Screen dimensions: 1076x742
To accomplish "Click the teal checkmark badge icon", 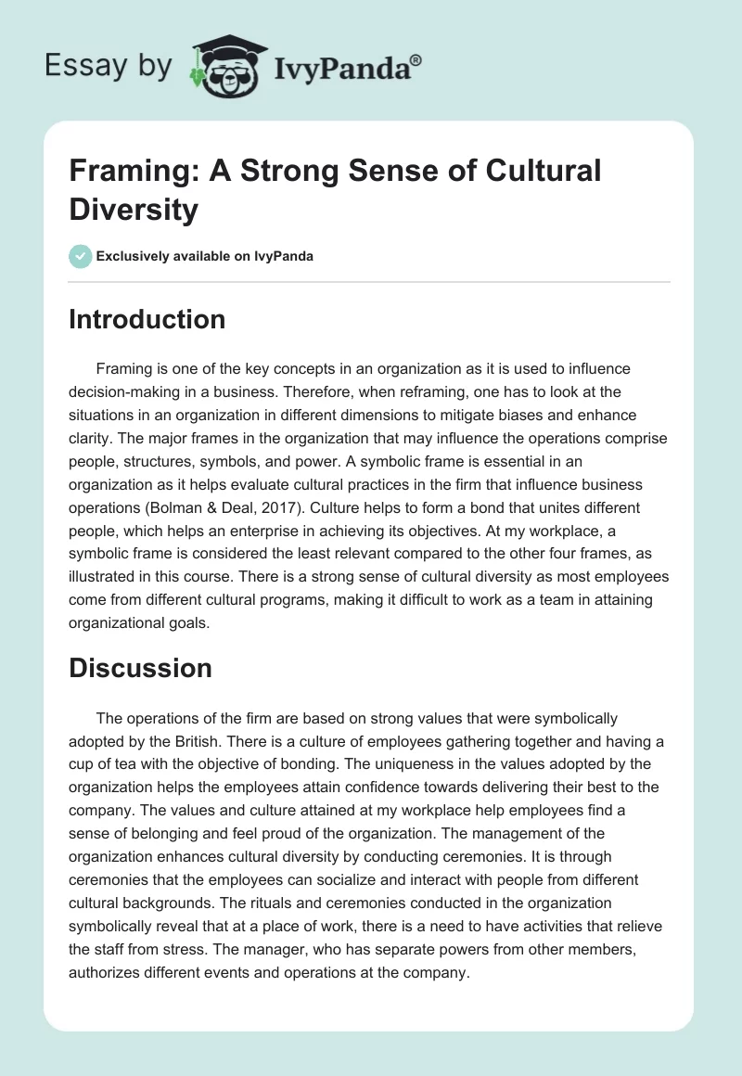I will pos(81,257).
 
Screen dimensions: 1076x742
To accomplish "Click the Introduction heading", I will pos(147,319).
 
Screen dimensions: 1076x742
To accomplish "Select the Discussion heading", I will pos(141,668).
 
